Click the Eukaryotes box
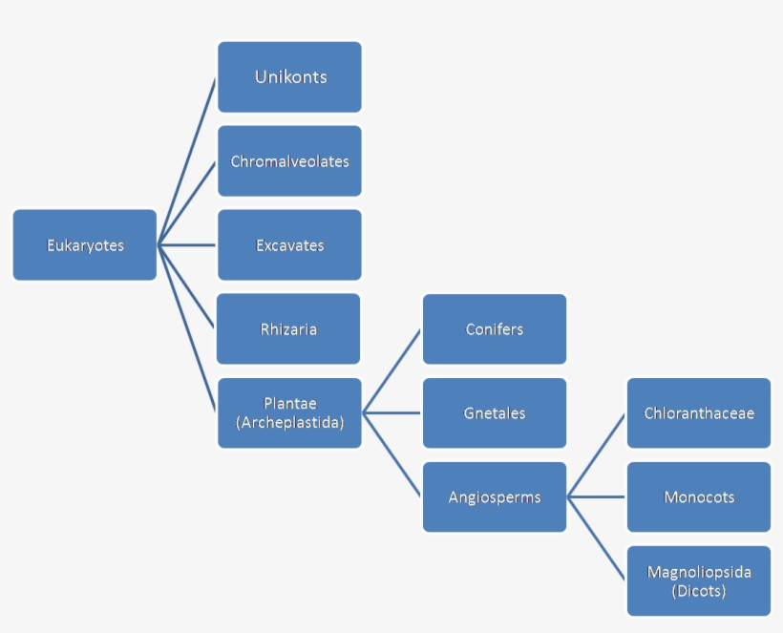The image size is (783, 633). (x=85, y=245)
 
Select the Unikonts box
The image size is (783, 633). (x=289, y=77)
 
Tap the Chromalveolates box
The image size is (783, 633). (x=289, y=161)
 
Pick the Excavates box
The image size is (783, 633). (x=289, y=245)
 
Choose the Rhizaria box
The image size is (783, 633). (x=288, y=329)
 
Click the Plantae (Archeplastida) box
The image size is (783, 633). (x=289, y=412)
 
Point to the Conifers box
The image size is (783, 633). (x=494, y=329)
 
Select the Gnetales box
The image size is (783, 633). (x=494, y=413)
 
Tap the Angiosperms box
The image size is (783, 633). (x=494, y=497)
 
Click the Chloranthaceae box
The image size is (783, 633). (x=698, y=413)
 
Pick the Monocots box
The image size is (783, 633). (x=698, y=497)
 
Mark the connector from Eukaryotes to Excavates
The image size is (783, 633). (x=188, y=245)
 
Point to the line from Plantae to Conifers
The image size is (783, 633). (x=392, y=370)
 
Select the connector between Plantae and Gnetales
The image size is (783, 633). (x=392, y=413)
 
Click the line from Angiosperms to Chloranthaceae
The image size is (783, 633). (x=597, y=454)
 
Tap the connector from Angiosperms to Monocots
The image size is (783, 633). (x=597, y=497)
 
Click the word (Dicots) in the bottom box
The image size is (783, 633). (x=698, y=591)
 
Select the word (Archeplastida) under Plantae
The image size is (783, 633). (x=289, y=421)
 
